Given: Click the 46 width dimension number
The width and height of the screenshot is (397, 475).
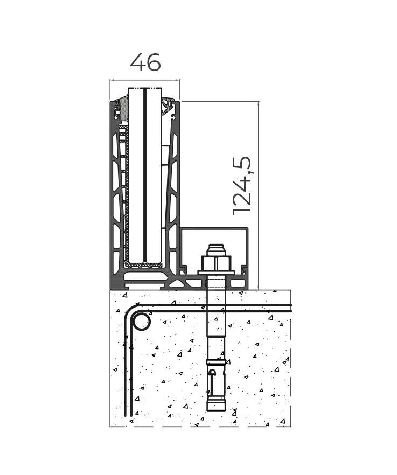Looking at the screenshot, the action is click(x=145, y=62).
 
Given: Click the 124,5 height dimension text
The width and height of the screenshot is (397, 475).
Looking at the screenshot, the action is click(x=242, y=186).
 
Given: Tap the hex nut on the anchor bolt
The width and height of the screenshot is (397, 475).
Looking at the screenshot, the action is click(x=217, y=263).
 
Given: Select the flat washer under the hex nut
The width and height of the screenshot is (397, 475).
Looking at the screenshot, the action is click(x=217, y=273).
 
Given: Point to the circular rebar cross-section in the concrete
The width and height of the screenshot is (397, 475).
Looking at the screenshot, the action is click(x=142, y=322).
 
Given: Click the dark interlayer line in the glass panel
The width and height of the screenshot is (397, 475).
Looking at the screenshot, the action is click(x=145, y=175).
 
